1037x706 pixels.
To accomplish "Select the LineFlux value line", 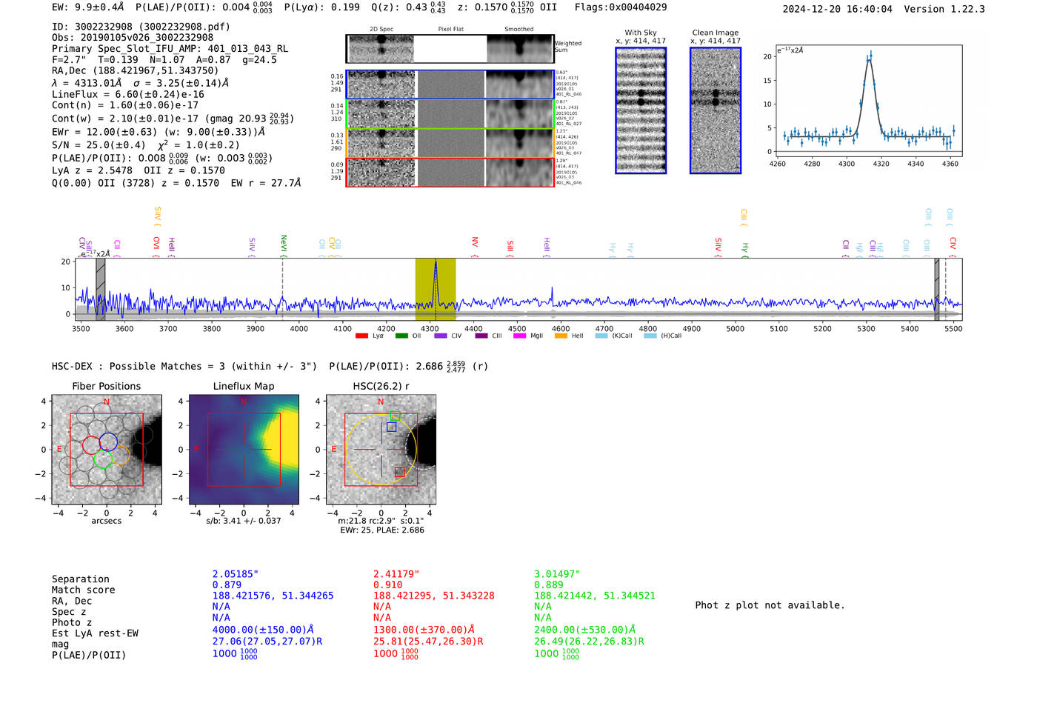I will tap(127, 94).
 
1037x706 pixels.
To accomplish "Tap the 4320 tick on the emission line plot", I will tap(881, 164).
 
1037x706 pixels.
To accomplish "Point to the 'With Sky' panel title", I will tap(640, 33).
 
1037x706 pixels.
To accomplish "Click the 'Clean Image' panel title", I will tap(715, 33).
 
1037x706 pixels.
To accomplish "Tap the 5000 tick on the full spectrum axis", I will tap(735, 328).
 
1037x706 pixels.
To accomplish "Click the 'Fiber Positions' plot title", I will tap(106, 386).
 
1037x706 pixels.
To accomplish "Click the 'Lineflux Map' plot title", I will tap(243, 386).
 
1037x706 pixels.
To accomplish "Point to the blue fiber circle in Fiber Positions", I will tap(108, 442).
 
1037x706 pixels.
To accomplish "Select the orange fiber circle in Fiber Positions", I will tap(119, 456).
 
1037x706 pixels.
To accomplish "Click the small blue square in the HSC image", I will tap(391, 427).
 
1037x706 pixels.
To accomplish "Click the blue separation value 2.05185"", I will tap(235, 574).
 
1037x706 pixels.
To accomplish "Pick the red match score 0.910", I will tap(387, 585).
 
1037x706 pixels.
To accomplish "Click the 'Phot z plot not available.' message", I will tap(770, 605).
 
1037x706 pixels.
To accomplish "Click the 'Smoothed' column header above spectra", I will tap(518, 30).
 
